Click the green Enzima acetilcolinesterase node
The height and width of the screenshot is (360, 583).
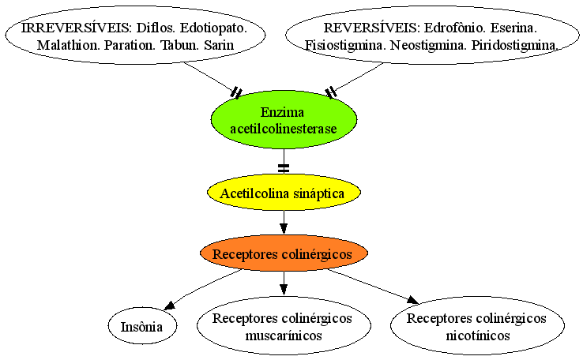tap(284, 120)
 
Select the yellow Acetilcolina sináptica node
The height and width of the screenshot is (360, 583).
tap(284, 193)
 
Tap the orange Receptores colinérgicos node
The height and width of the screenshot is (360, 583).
tap(284, 253)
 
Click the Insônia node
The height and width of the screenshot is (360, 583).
tap(142, 327)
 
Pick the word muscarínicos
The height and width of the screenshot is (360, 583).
tap(284, 336)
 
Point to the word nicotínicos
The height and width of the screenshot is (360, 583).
tap(478, 336)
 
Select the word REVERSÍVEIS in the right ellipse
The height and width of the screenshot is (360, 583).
tap(372, 28)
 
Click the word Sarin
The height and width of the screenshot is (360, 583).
tap(219, 45)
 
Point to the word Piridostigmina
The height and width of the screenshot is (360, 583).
tap(515, 45)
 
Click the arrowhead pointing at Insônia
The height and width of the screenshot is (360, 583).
tap(170, 306)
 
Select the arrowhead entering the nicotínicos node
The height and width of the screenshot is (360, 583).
tap(412, 299)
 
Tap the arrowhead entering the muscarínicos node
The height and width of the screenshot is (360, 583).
tap(284, 290)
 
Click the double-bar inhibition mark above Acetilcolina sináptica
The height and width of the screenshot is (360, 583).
tap(284, 168)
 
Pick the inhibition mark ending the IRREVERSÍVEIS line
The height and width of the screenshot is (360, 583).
tap(236, 93)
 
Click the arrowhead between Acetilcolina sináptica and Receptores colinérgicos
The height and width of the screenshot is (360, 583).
tap(284, 228)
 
